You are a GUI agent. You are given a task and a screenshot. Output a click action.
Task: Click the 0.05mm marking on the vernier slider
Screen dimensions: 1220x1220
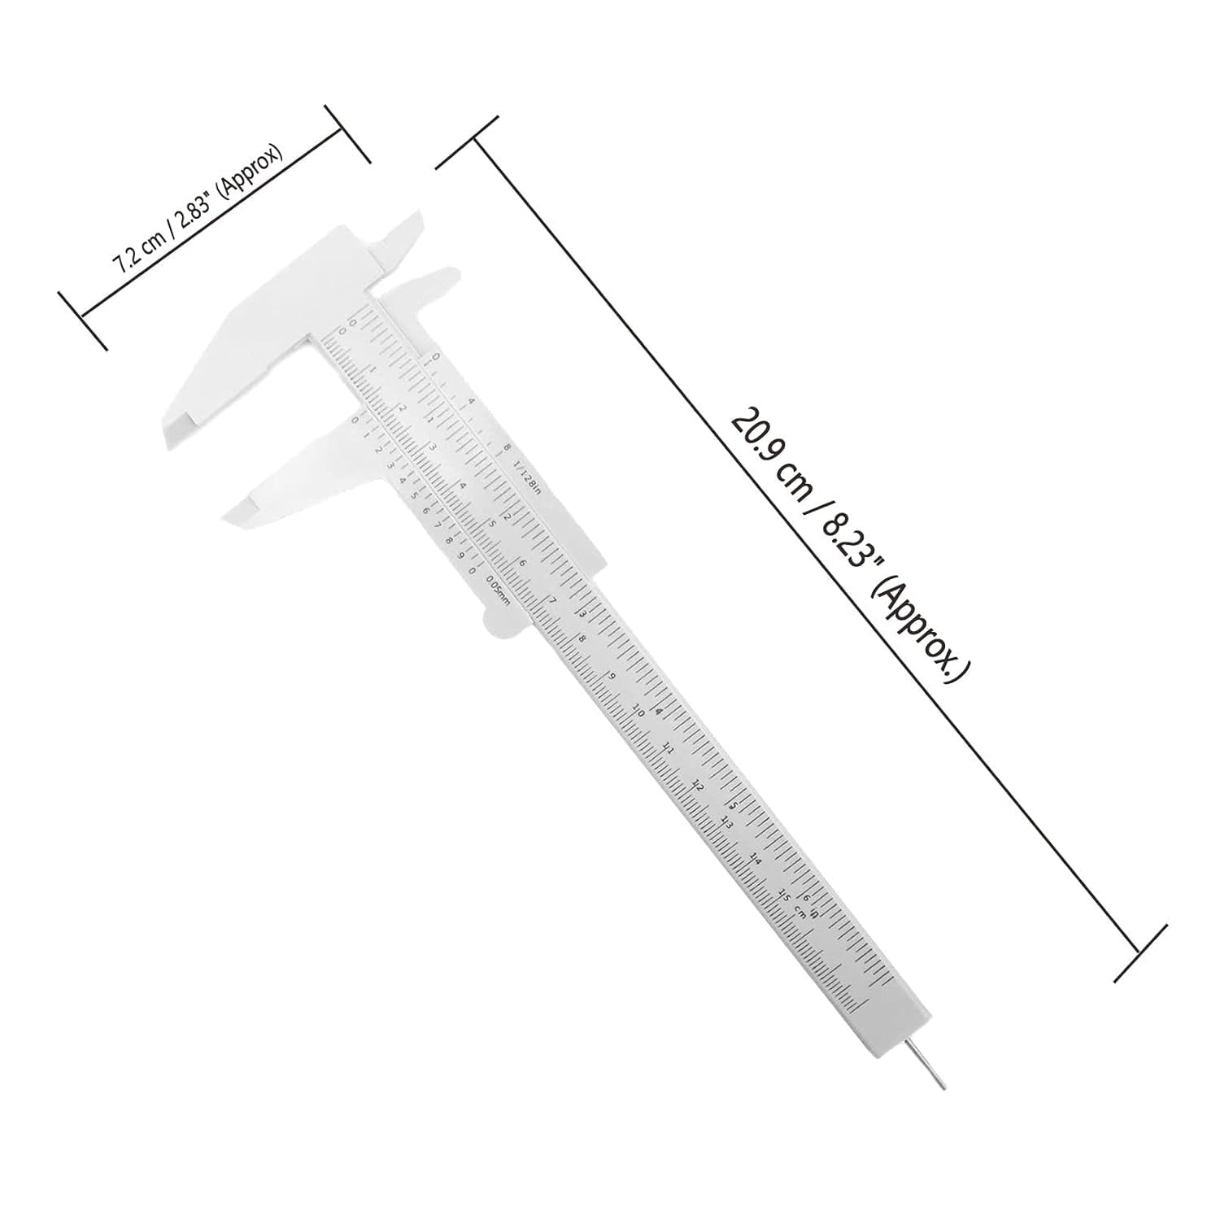pyautogui.click(x=497, y=590)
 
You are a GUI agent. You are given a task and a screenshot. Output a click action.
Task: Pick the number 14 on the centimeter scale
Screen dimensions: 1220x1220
pyautogui.click(x=756, y=858)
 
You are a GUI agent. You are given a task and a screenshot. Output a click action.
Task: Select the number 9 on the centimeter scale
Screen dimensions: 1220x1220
pyautogui.click(x=612, y=674)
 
